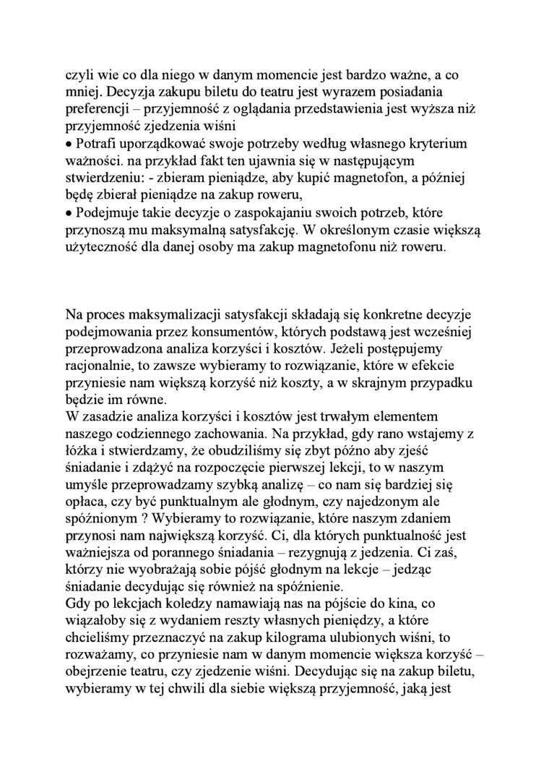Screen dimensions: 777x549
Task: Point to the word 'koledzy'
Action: tap(198, 604)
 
